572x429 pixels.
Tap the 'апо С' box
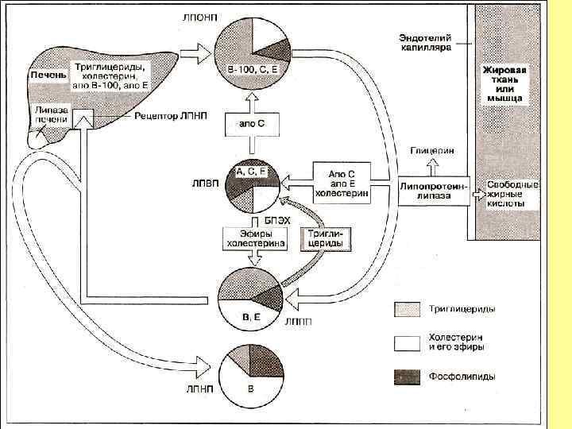(252, 124)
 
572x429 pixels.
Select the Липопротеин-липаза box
(433, 190)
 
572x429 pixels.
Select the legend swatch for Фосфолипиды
(404, 377)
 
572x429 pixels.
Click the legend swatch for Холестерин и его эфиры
(404, 342)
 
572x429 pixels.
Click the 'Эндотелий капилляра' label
(425, 42)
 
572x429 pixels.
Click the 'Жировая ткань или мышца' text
(505, 84)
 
